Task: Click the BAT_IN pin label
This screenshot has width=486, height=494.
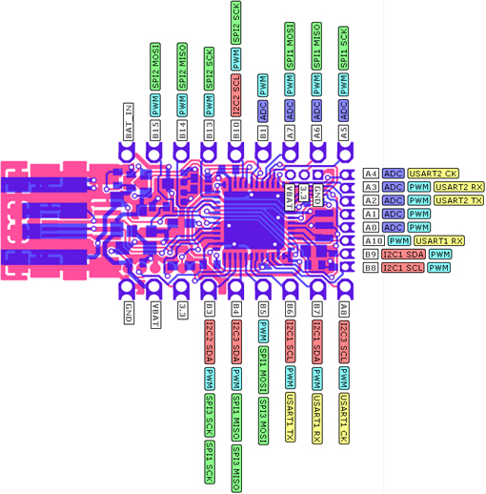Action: click(129, 122)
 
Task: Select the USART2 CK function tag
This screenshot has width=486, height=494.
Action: click(433, 174)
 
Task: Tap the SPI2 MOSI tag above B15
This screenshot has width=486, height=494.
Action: click(155, 67)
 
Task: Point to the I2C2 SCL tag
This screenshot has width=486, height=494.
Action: click(236, 95)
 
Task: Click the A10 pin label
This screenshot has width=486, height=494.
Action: click(374, 241)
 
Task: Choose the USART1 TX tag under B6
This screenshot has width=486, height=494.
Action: click(291, 418)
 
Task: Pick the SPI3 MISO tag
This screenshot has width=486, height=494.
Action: click(236, 468)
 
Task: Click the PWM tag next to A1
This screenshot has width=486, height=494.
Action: click(419, 214)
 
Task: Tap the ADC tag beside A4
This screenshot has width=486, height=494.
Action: click(394, 174)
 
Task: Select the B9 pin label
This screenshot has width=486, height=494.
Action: click(371, 255)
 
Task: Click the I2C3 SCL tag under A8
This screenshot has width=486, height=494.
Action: click(344, 342)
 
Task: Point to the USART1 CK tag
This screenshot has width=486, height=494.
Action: click(344, 419)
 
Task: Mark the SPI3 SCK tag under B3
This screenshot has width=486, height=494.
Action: click(210, 415)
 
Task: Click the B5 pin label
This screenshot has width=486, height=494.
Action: click(263, 309)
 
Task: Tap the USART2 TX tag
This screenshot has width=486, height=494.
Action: click(458, 200)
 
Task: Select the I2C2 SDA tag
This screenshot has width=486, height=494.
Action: click(210, 342)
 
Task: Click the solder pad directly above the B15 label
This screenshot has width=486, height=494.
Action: click(154, 153)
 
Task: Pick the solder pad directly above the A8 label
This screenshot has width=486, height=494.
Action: click(345, 289)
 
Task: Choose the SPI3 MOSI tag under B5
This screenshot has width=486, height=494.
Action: click(263, 421)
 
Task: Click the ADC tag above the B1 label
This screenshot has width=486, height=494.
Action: click(263, 111)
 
